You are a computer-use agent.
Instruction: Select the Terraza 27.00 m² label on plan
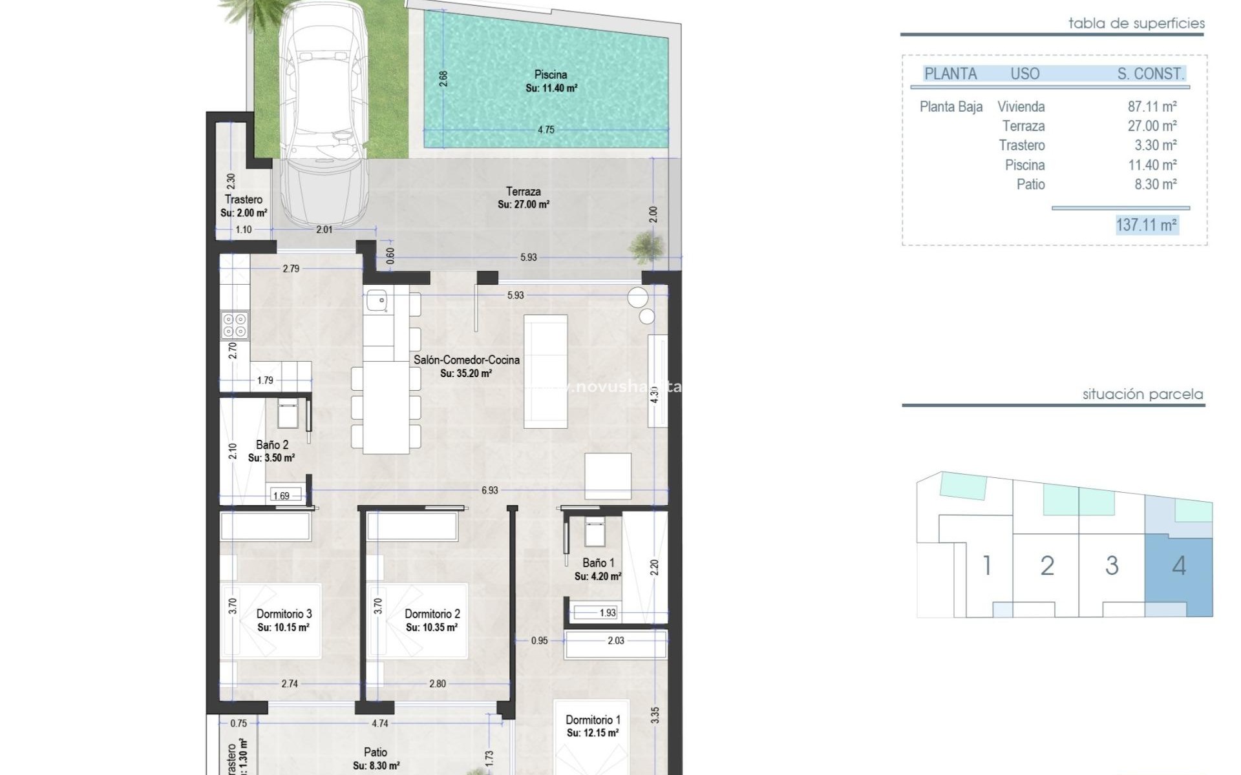click(x=524, y=198)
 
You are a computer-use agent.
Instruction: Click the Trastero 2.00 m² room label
click(x=244, y=205)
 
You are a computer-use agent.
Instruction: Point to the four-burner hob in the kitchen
click(x=234, y=325)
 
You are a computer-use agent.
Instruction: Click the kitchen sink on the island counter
click(x=376, y=300)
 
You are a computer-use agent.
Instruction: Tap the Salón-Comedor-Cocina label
click(x=466, y=366)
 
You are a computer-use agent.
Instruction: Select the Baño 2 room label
click(x=271, y=451)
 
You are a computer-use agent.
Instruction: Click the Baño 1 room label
click(x=598, y=569)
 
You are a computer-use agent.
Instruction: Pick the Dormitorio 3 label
click(x=284, y=620)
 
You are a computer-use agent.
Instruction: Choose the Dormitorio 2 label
click(x=432, y=620)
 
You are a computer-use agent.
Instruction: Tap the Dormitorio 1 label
click(x=593, y=726)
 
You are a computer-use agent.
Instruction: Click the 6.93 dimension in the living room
click(x=489, y=490)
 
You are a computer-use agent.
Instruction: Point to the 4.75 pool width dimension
click(x=546, y=130)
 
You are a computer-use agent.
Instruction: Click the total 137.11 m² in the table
click(x=1146, y=225)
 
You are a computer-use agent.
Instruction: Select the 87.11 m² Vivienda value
click(x=1152, y=107)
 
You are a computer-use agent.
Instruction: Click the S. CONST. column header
click(x=1151, y=74)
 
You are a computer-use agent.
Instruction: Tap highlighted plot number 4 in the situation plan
click(x=1179, y=566)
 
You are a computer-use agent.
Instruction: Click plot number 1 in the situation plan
click(x=986, y=566)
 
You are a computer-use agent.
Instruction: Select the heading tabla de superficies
click(x=1136, y=24)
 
